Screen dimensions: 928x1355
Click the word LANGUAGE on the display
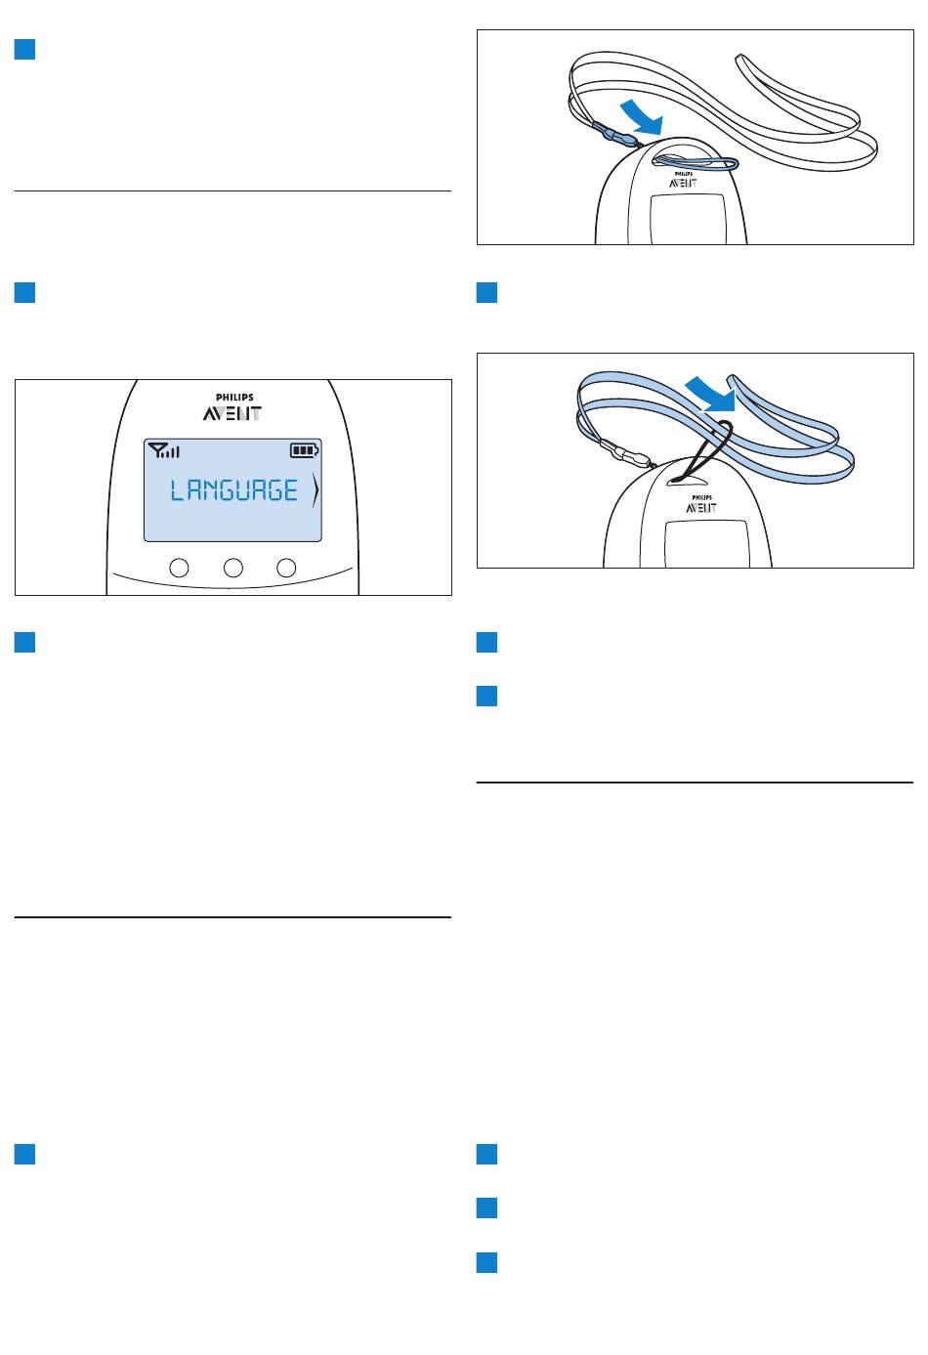[x=234, y=490]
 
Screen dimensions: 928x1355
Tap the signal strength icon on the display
[x=164, y=450]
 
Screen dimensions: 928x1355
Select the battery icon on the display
[x=305, y=450]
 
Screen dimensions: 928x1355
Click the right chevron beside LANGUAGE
[x=316, y=490]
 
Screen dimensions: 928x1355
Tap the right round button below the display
[x=286, y=568]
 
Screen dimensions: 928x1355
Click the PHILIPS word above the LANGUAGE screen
[x=234, y=398]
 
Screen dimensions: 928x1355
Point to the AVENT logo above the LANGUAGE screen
[x=232, y=414]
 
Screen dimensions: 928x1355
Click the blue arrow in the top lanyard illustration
[x=643, y=118]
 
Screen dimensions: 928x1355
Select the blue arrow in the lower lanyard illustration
[x=711, y=395]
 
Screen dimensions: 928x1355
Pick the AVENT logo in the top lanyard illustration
[x=683, y=183]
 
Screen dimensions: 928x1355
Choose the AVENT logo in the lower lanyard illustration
[x=701, y=508]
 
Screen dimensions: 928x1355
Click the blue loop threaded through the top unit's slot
[x=696, y=162]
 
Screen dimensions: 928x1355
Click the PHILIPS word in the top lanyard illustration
[x=684, y=174]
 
